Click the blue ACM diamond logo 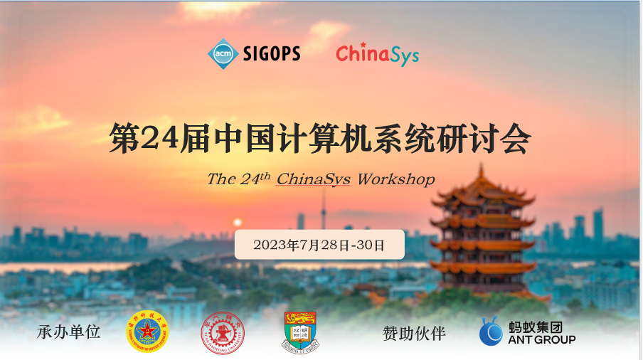pos(223,54)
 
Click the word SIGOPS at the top pos(272,54)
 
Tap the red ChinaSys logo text pos(377,55)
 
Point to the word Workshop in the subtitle pos(395,179)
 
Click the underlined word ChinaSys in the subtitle pos(313,179)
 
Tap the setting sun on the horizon pos(238,222)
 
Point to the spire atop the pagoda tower pos(482,171)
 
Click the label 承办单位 pos(69,332)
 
